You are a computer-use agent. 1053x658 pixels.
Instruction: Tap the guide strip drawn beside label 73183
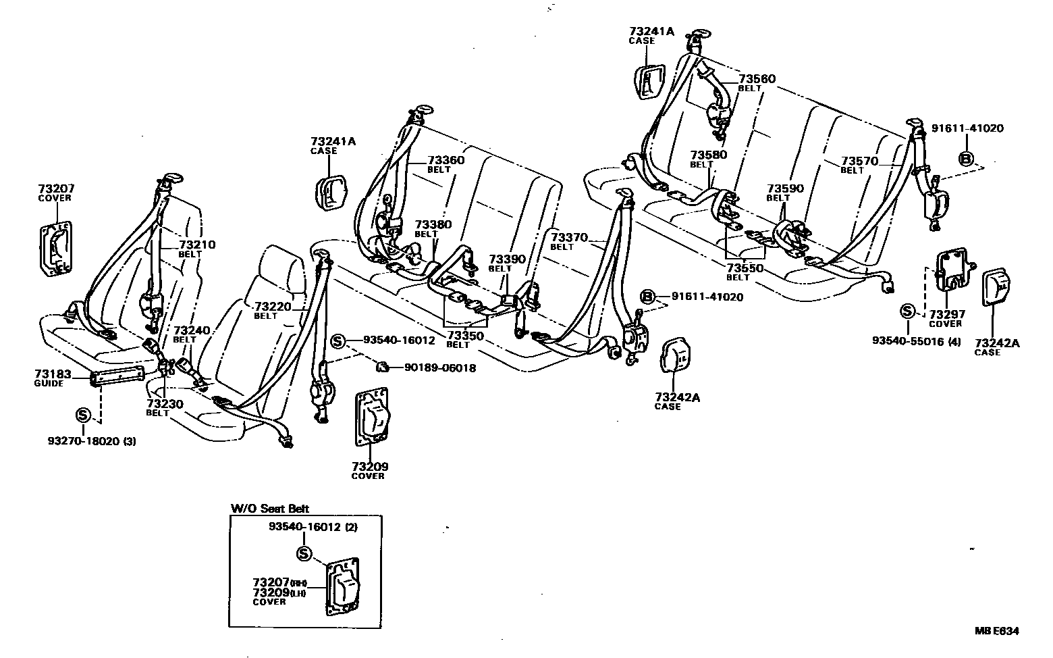(x=117, y=374)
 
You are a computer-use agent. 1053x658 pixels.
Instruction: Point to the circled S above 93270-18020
(x=83, y=414)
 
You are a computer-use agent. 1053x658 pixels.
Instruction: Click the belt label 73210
(x=197, y=245)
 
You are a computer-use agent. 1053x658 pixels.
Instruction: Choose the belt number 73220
(x=273, y=306)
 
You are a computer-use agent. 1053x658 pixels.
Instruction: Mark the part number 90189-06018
(x=440, y=368)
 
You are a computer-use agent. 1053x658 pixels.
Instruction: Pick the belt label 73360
(x=446, y=160)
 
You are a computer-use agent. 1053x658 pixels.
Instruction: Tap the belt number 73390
(x=506, y=259)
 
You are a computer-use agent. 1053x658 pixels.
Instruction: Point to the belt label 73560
(x=757, y=79)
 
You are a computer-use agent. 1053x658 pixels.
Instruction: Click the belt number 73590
(x=785, y=188)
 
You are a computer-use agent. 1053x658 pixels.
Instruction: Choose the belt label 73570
(x=859, y=161)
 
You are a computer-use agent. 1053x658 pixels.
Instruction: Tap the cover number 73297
(x=946, y=314)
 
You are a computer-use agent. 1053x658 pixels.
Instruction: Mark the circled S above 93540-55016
(x=908, y=311)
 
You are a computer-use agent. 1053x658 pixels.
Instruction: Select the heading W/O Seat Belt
(x=269, y=509)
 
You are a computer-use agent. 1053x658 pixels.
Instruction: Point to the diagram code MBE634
(x=996, y=631)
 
